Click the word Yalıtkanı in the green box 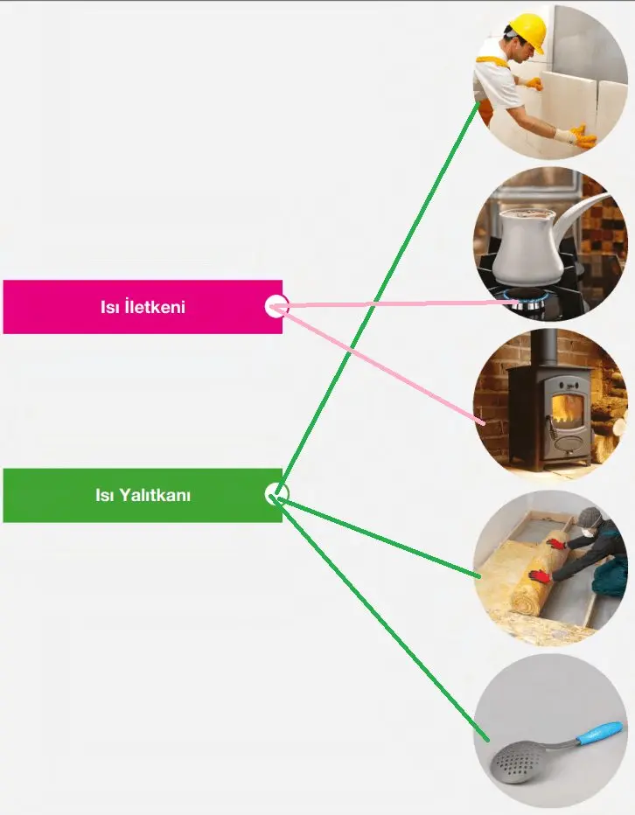point(155,496)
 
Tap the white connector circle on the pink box point(276,306)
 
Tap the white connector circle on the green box point(276,494)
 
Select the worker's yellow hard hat point(527,31)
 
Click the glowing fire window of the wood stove point(566,408)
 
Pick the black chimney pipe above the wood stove point(545,348)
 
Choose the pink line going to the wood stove point(385,368)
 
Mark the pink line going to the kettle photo point(394,304)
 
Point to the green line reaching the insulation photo point(385,539)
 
